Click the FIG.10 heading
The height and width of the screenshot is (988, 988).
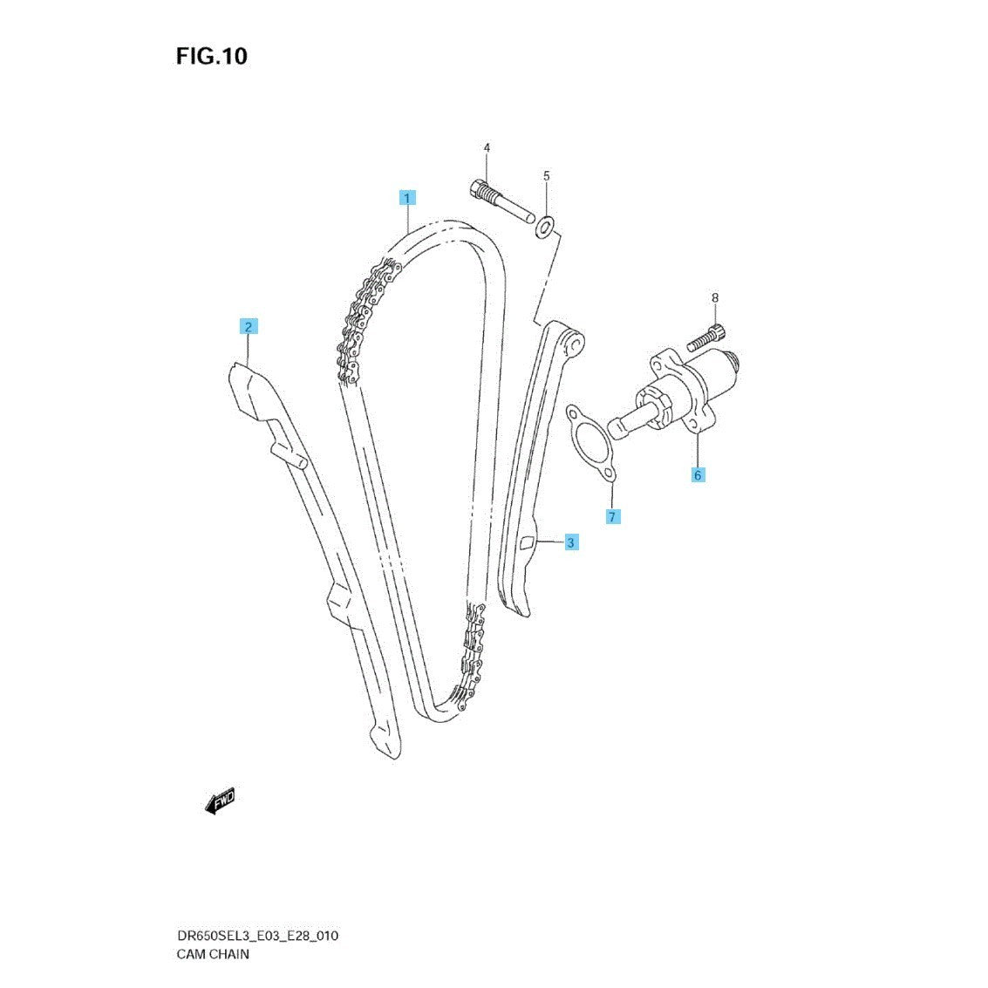[x=212, y=57]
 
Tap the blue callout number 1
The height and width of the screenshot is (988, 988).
[x=407, y=197]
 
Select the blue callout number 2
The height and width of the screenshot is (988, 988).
[x=249, y=327]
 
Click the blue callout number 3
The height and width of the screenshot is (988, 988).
[x=569, y=542]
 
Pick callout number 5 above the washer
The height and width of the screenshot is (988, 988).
[x=547, y=176]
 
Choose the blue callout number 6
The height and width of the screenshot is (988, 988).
[x=698, y=474]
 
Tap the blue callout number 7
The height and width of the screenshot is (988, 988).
[x=612, y=517]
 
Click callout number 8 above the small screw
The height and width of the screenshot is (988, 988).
[x=715, y=298]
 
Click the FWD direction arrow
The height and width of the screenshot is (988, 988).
[x=220, y=801]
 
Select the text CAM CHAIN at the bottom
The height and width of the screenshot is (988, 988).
[x=213, y=953]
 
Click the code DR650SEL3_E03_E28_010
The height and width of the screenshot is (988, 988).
[x=257, y=936]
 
